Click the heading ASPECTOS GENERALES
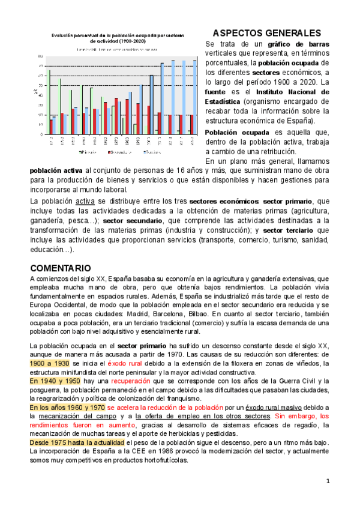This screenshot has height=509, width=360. pos(267,33)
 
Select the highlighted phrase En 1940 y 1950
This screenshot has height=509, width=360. pos(56,381)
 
